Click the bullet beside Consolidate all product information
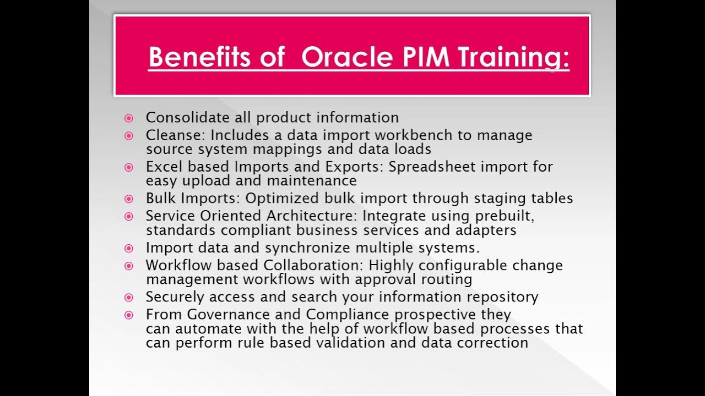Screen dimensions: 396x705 129,118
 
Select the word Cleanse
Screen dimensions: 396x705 175,135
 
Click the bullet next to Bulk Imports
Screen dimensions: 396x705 129,199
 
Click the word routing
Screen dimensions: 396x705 447,279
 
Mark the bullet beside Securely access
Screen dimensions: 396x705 129,298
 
